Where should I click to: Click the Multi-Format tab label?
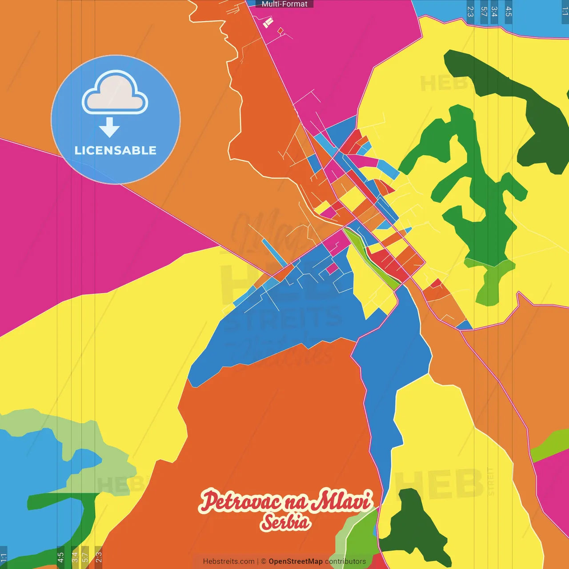click(284, 4)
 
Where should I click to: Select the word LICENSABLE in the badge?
click(116, 150)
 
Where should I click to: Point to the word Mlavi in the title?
click(341, 501)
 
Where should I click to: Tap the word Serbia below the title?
click(285, 522)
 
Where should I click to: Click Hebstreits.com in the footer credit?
click(228, 561)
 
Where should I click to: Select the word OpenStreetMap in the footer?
click(296, 561)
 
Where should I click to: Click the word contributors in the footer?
click(345, 561)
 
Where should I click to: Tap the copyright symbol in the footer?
click(264, 561)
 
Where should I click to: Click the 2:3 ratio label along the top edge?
click(470, 11)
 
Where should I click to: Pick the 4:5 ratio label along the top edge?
click(509, 11)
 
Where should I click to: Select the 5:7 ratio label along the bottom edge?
click(85, 557)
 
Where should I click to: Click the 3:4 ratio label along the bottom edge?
click(75, 557)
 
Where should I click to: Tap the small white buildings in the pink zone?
click(268, 22)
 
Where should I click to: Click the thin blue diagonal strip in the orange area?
click(274, 252)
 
